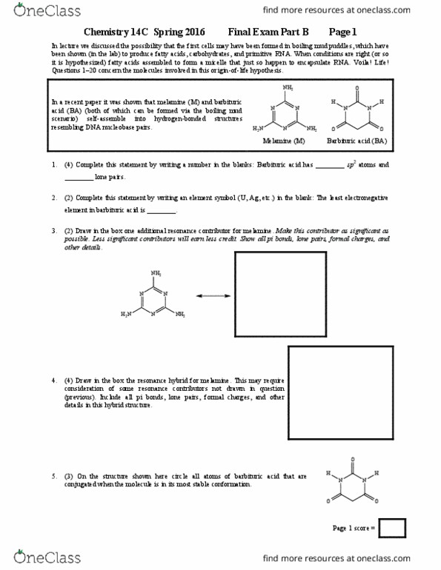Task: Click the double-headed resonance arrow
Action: click(x=205, y=297)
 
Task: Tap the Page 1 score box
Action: click(x=392, y=528)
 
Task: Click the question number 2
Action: click(x=54, y=198)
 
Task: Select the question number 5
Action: click(x=54, y=476)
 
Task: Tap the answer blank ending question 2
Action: click(x=161, y=212)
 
